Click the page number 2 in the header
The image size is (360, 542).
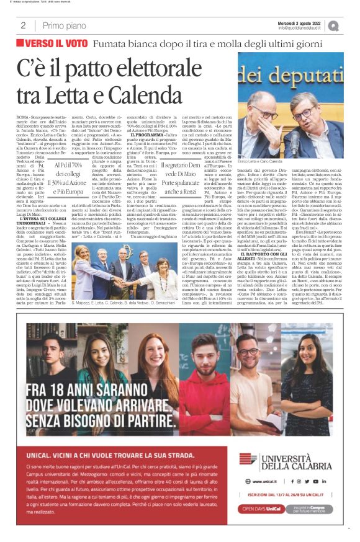(x=23, y=26)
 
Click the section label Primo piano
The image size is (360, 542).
(x=63, y=26)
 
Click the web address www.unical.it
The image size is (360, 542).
(x=258, y=481)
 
